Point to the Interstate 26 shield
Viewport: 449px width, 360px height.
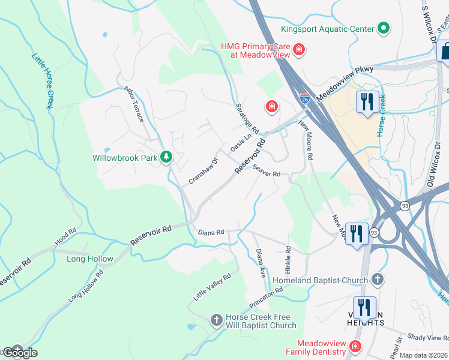[305, 97]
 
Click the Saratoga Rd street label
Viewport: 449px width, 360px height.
[246, 120]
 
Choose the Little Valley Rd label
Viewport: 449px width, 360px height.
[212, 287]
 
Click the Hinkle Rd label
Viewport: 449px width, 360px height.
[288, 257]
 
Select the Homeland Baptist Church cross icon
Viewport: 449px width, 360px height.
[377, 280]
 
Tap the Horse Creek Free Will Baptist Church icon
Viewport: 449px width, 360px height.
[216, 320]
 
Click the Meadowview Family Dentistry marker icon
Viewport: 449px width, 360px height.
[355, 346]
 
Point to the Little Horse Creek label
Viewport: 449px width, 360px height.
[41, 81]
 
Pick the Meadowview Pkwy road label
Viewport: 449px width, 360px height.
[345, 83]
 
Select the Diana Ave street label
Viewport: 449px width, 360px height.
[261, 263]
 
